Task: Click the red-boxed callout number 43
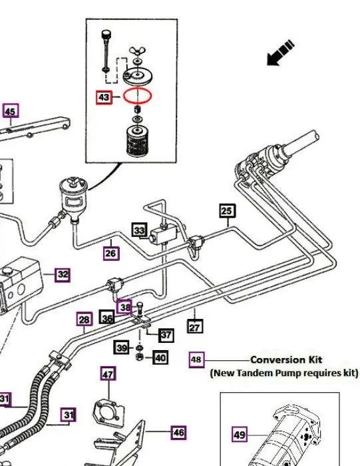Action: pos(104,97)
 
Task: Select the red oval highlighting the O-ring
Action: pos(137,89)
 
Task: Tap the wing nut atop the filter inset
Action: pos(137,52)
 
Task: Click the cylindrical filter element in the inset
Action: pos(137,141)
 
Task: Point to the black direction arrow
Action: pos(280,53)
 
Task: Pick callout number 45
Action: pos(11,111)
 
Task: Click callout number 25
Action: pos(227,211)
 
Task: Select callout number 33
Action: pos(139,230)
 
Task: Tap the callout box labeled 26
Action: pos(111,253)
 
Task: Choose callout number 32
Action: pos(63,274)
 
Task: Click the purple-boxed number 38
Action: pos(124,307)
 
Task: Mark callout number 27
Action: pos(195,326)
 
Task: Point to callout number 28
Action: pos(84,320)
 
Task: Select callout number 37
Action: pos(166,336)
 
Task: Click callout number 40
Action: pos(160,357)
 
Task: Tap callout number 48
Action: pos(196,360)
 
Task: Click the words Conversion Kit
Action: pos(286,360)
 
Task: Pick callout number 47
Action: pos(108,374)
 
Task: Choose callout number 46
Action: pos(178,433)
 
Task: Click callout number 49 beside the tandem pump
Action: pos(240,435)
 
